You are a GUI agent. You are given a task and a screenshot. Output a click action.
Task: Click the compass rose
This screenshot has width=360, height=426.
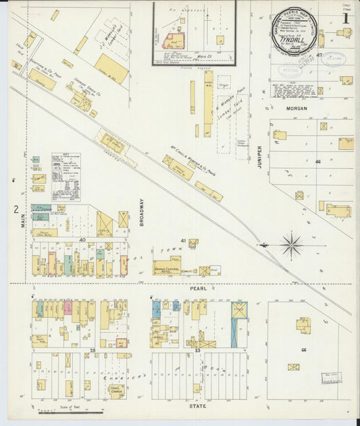[x=292, y=245]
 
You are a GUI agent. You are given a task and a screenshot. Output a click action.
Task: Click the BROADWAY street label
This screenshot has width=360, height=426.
[x=143, y=211]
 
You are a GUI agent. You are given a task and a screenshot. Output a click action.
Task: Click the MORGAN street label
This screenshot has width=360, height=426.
[x=296, y=108]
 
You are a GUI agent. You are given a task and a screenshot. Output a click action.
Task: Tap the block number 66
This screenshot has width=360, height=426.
[x=304, y=350]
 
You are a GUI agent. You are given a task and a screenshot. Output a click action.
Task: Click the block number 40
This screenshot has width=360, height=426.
[x=82, y=240]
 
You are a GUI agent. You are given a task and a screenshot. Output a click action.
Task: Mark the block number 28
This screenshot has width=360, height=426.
[x=92, y=350]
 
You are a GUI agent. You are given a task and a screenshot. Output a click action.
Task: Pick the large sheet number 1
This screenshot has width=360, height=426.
[x=345, y=19]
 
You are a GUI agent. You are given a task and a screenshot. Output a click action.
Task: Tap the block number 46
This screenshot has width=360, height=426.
[x=317, y=162]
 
